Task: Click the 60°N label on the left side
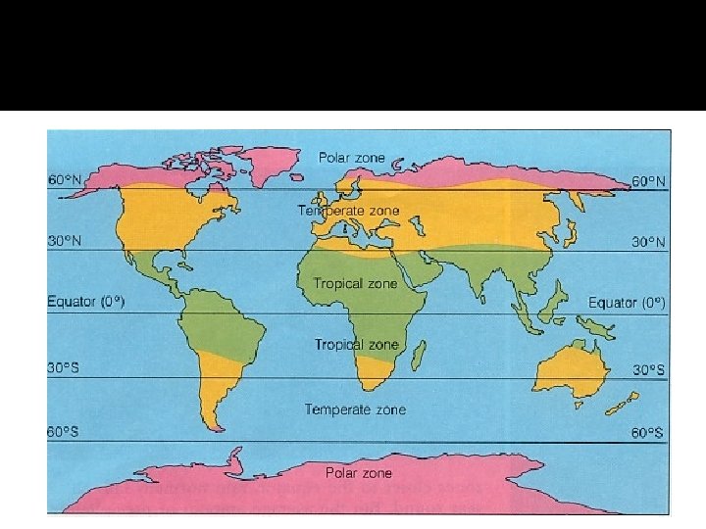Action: point(64,180)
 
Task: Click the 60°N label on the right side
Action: point(648,181)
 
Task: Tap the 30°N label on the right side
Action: point(648,242)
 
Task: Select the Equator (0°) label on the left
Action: point(86,302)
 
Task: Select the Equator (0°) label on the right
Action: point(627,303)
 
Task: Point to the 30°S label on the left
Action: point(64,368)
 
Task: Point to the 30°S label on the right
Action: point(648,369)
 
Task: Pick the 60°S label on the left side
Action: point(64,431)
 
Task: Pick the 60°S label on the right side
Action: point(648,432)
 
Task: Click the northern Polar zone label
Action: point(351,158)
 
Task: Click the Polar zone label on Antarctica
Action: point(359,473)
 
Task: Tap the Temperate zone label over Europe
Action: point(349,211)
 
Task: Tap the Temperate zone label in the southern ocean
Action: point(355,409)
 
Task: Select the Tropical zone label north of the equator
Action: point(356,283)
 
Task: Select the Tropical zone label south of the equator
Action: point(357,345)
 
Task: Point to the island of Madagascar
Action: point(418,354)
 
